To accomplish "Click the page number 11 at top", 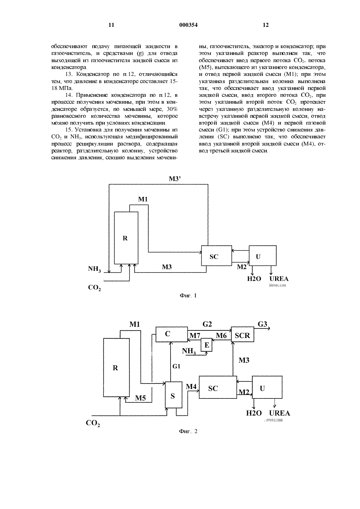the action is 111,25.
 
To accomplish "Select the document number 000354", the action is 189,25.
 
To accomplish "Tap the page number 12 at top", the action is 266,25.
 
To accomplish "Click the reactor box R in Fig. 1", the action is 126,238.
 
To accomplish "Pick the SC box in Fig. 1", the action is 217,255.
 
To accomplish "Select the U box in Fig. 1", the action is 263,255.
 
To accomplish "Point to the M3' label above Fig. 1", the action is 175,179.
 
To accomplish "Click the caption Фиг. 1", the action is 188,296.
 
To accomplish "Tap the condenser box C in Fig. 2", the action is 171,334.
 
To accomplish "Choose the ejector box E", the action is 207,345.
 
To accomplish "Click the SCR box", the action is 243,334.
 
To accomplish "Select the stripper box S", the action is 174,395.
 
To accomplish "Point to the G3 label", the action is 262,324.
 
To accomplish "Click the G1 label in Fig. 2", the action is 176,366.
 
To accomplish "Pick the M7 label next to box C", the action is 195,336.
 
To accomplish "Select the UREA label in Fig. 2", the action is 279,413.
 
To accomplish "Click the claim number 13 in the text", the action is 69,74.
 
